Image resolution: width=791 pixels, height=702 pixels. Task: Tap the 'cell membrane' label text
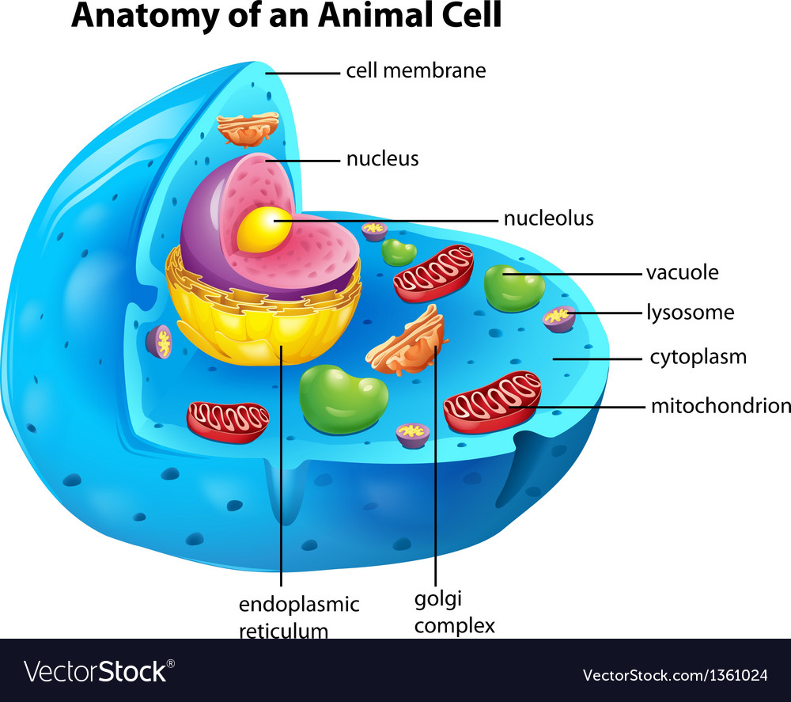[x=416, y=70]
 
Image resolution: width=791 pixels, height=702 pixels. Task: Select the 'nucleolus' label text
[x=549, y=218]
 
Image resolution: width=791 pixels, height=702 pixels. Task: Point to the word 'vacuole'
[x=683, y=272]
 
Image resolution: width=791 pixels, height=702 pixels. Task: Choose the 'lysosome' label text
[x=691, y=313]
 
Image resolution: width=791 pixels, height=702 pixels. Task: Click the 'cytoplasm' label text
[x=698, y=357]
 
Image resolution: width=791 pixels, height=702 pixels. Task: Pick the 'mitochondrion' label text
[x=721, y=406]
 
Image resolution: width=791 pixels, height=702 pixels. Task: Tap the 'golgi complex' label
[x=455, y=612]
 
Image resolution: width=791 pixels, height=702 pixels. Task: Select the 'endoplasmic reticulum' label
[x=299, y=617]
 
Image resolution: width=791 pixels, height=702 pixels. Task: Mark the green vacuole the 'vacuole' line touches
[x=514, y=288]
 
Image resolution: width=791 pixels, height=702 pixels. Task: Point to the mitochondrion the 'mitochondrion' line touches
[x=492, y=402]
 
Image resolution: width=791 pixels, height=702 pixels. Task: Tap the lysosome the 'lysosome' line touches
[x=559, y=319]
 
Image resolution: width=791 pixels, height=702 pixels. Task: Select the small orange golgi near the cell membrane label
[x=248, y=129]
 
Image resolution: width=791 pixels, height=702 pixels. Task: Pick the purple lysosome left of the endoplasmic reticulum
[x=159, y=342]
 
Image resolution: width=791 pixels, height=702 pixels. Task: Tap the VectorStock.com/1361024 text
[x=675, y=675]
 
